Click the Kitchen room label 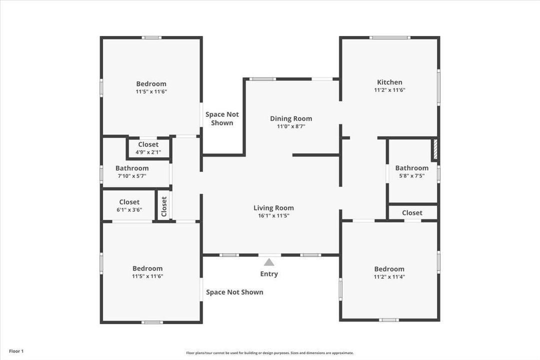click(x=389, y=82)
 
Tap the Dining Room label click(x=291, y=118)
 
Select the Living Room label click(x=273, y=208)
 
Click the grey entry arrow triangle click(x=269, y=262)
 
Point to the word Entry click(x=269, y=274)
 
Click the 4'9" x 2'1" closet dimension click(x=148, y=152)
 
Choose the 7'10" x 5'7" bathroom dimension click(x=132, y=176)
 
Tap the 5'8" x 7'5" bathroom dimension click(x=412, y=175)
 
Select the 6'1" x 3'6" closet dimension click(x=129, y=210)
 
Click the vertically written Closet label click(x=164, y=205)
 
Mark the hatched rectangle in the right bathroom click(x=434, y=149)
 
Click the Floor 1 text click(x=16, y=351)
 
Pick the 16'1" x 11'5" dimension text click(x=273, y=216)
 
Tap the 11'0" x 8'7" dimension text click(x=291, y=126)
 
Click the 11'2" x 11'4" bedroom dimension click(x=389, y=276)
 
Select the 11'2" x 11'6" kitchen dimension click(x=389, y=90)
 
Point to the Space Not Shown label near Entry click(x=234, y=292)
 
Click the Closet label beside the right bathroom click(x=412, y=213)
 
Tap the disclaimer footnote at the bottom click(x=270, y=353)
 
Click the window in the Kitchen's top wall click(x=389, y=37)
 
